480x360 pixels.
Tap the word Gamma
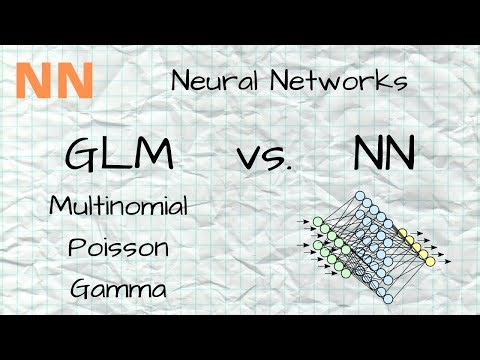pos(118,289)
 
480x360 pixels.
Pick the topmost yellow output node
pos(405,234)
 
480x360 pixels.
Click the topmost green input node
pos(317,221)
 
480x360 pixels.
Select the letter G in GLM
pos(83,155)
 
